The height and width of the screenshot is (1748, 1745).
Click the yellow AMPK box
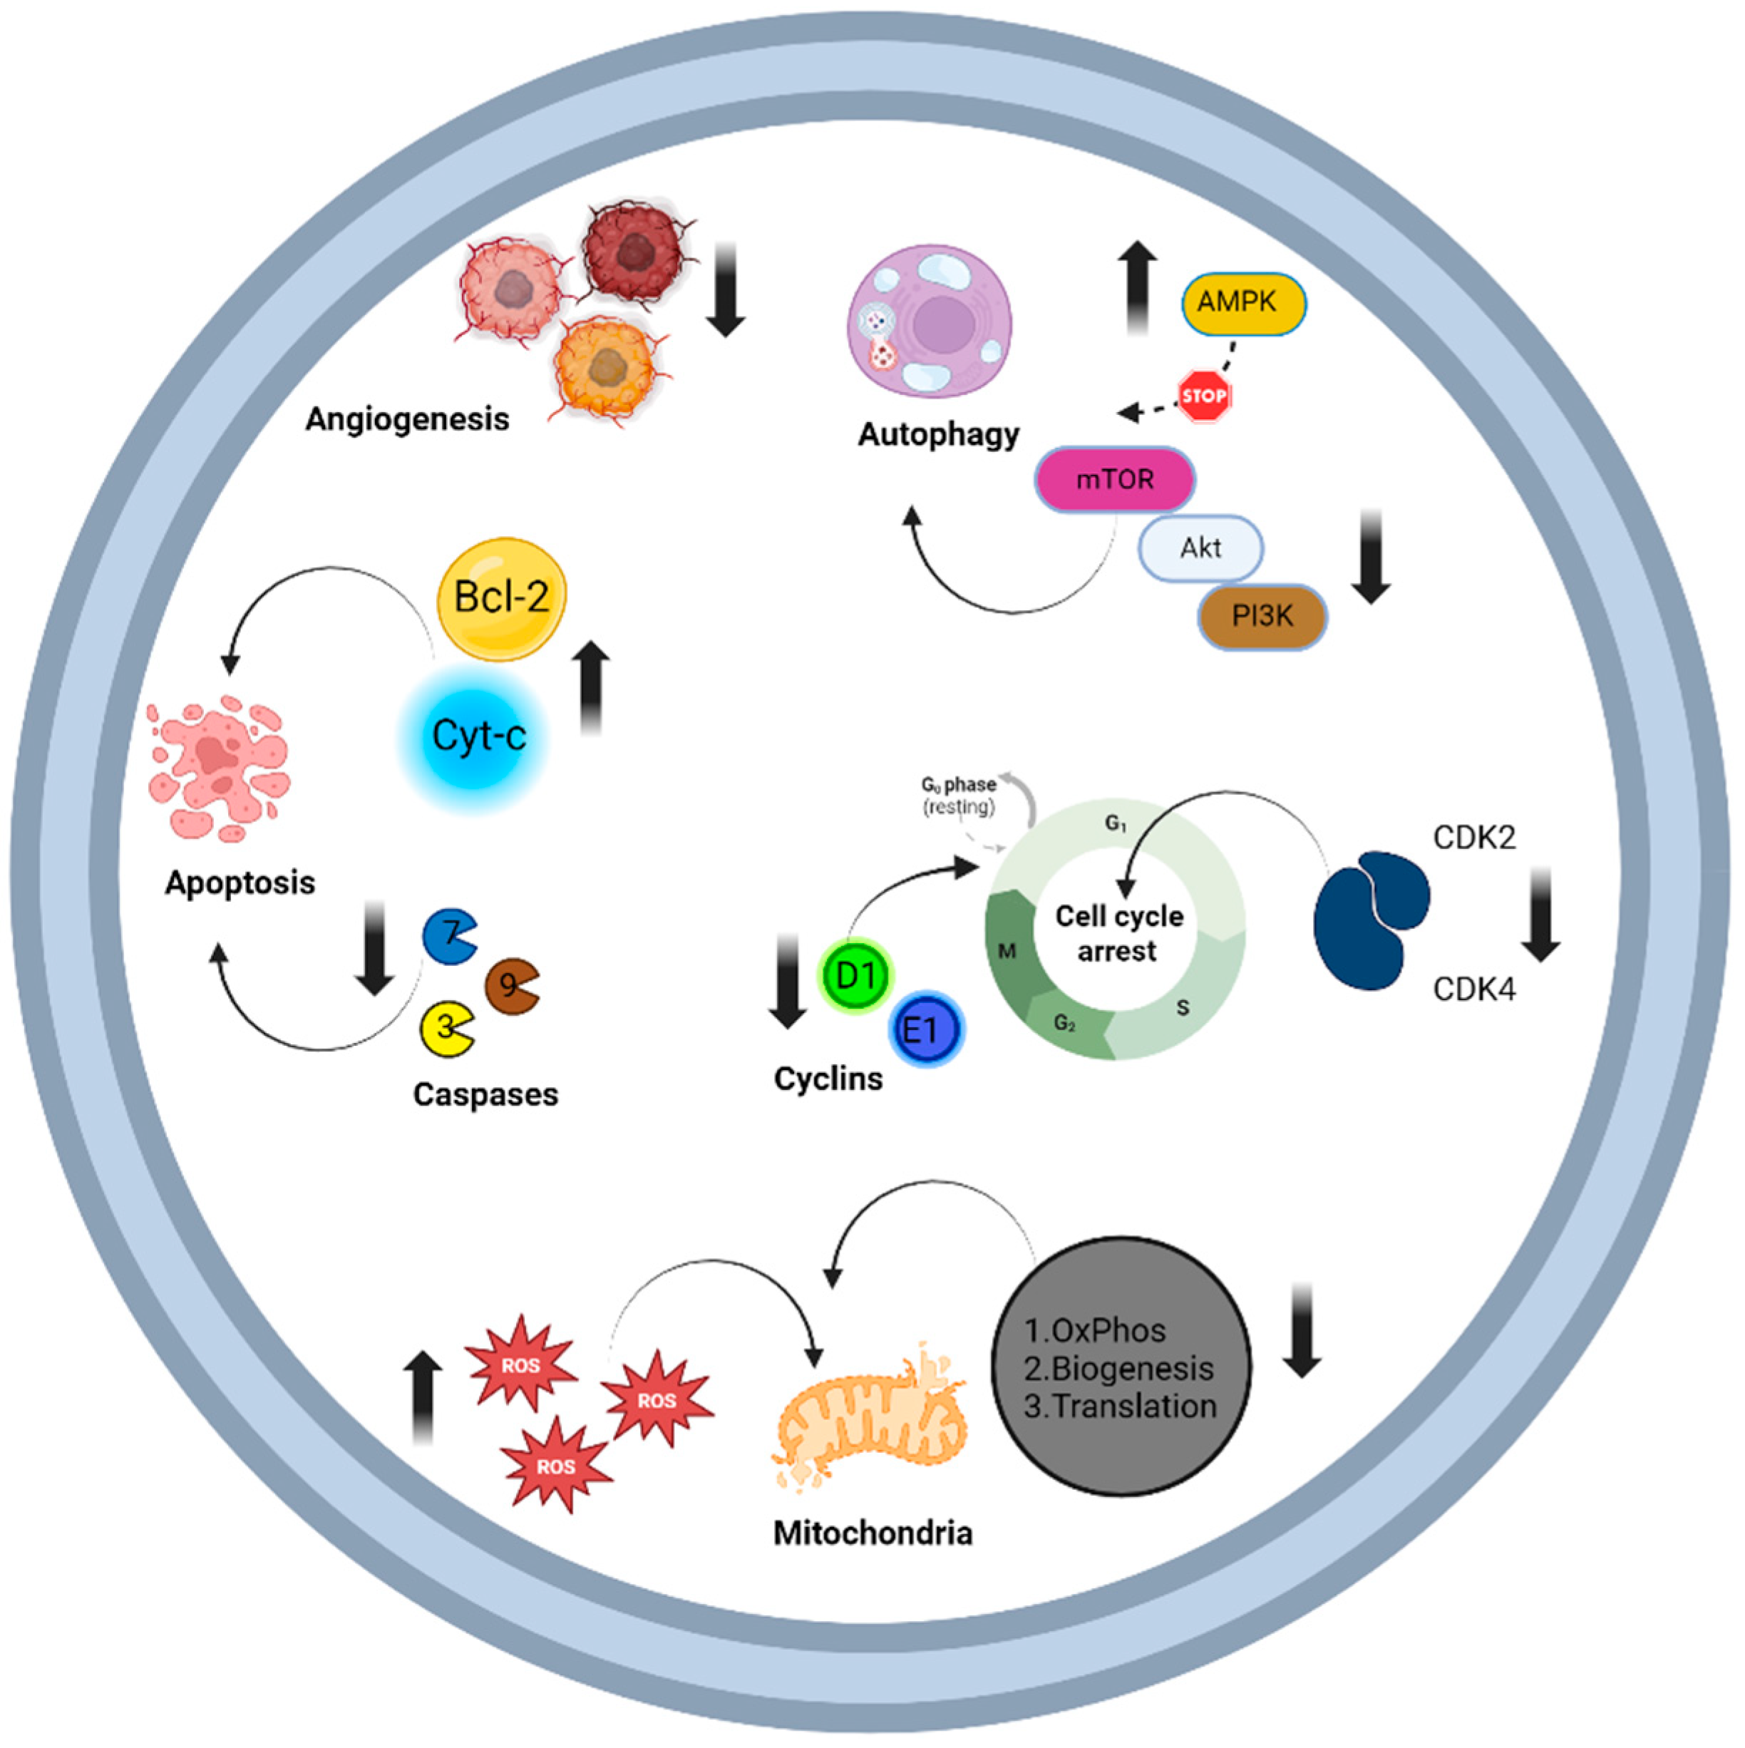(1243, 302)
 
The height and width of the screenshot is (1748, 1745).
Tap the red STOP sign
(1204, 396)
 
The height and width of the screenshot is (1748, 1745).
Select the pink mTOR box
(1114, 478)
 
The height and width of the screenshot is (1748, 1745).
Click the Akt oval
(1200, 547)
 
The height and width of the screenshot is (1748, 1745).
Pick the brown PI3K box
(1262, 616)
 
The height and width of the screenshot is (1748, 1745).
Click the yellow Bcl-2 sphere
(501, 598)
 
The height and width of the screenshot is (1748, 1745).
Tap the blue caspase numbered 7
(448, 937)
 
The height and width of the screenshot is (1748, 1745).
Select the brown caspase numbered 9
(510, 985)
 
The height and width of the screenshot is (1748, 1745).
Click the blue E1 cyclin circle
(925, 1029)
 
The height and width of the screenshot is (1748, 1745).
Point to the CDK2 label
(1473, 838)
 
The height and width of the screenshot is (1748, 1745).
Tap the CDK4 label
(1473, 989)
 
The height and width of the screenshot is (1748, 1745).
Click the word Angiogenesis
(407, 419)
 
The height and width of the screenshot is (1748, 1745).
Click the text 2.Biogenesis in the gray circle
(1118, 1368)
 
